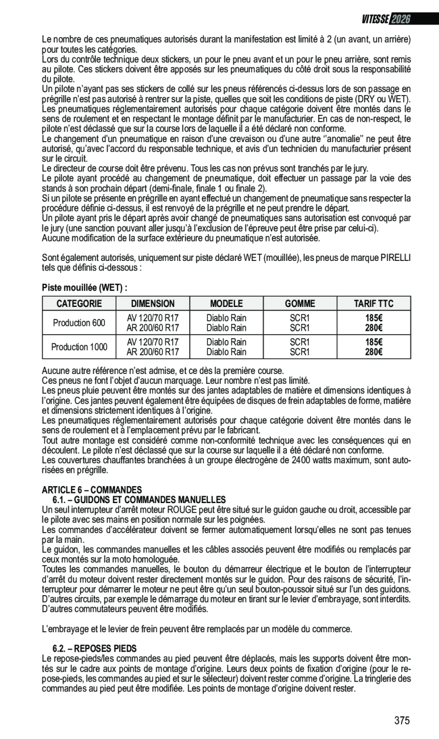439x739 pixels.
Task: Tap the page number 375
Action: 402,721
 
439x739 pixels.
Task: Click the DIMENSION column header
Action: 153,304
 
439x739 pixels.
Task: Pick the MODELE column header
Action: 226,304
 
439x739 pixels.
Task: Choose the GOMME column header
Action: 299,304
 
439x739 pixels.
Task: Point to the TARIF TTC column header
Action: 373,304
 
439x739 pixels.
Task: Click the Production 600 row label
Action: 79,323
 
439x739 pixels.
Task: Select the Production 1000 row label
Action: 79,347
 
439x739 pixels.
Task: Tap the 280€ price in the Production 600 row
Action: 373,327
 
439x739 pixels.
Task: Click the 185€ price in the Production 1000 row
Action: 373,342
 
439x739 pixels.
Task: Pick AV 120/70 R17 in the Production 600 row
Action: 153,318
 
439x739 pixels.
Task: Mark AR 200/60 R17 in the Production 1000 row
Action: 153,352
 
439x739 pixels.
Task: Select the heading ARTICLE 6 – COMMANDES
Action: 91,489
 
